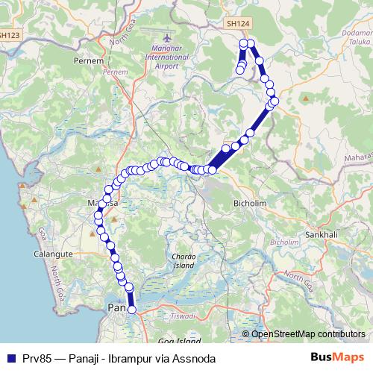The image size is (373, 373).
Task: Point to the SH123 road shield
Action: pos(10,34)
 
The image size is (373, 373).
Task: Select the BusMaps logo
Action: pos(336,358)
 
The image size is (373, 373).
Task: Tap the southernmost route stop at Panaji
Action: pos(132,310)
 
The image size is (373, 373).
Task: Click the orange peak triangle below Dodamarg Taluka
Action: pos(306,98)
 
